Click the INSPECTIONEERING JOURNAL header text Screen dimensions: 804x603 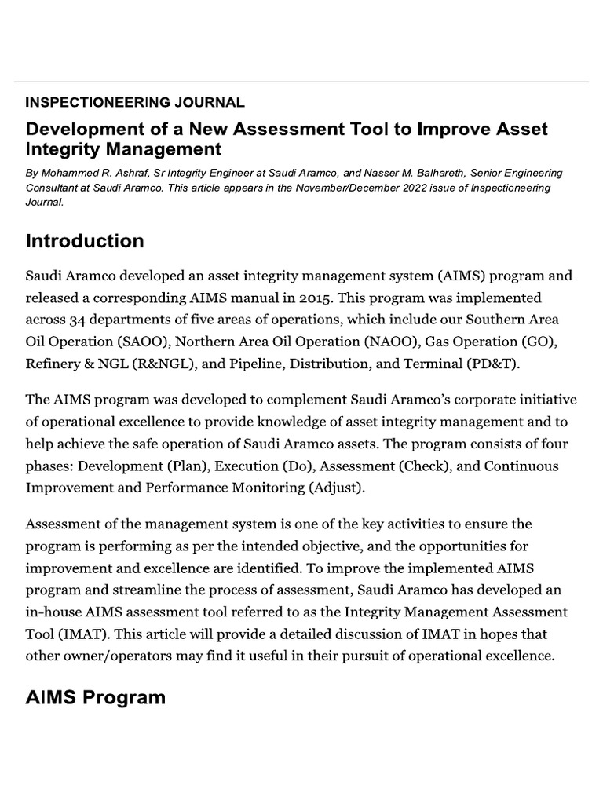134,102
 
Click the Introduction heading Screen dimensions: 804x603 85,241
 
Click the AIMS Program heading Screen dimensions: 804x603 96,698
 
